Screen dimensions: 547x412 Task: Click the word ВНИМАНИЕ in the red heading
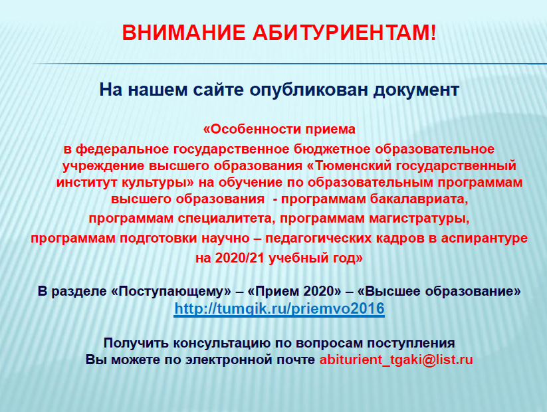(183, 33)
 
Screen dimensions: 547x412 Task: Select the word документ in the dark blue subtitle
(416, 90)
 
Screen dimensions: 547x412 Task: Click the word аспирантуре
(485, 239)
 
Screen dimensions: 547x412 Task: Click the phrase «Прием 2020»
(294, 291)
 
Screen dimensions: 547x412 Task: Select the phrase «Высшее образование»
(439, 291)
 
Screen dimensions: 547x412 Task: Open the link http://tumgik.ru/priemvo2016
(279, 309)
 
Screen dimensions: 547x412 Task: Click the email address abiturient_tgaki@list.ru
(396, 360)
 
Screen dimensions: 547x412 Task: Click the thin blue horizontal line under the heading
(289, 64)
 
